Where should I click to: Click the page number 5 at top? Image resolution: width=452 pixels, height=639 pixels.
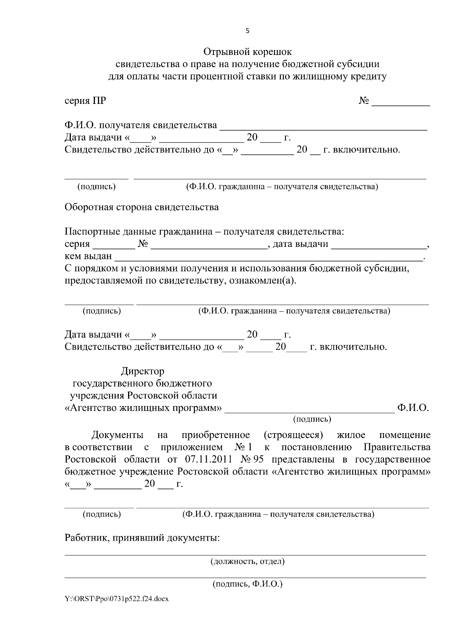click(247, 31)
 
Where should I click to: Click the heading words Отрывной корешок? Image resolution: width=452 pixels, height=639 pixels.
click(247, 51)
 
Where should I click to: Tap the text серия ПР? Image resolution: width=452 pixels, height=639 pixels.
click(85, 101)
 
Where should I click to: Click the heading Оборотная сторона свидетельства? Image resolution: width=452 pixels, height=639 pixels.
click(142, 207)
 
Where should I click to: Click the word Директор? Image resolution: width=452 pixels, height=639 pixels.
click(142, 371)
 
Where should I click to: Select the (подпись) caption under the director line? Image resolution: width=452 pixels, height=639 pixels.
click(312, 419)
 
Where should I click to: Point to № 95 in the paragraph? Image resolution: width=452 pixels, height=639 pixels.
click(253, 460)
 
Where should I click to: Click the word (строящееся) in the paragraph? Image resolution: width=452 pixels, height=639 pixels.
click(293, 435)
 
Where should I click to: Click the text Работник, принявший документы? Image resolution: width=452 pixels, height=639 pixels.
click(142, 538)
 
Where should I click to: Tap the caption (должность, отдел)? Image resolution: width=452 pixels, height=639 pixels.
click(247, 562)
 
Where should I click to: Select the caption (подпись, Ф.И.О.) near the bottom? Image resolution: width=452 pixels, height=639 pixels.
click(247, 584)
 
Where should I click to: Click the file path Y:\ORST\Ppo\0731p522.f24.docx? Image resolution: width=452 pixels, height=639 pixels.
click(116, 599)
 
